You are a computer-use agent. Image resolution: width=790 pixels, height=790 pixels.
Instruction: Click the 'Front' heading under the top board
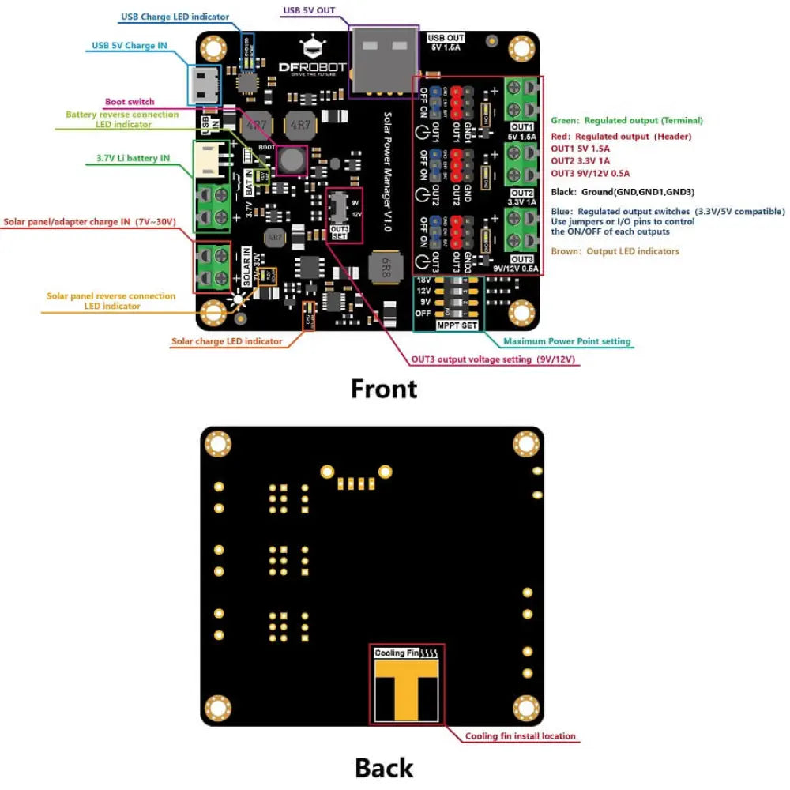click(x=384, y=389)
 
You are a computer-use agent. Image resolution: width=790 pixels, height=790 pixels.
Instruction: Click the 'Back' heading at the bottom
click(x=384, y=767)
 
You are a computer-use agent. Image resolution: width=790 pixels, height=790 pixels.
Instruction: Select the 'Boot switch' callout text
click(x=130, y=102)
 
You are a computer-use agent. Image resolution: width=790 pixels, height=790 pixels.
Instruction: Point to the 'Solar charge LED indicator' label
click(x=227, y=341)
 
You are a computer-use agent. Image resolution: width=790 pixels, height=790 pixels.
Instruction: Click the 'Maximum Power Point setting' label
click(x=567, y=341)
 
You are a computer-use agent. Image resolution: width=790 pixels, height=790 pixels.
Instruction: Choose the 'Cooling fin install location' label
click(x=521, y=736)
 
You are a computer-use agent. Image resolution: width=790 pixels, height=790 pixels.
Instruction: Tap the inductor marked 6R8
click(x=388, y=261)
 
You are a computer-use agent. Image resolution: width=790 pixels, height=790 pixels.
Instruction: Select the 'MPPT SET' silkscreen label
click(x=457, y=325)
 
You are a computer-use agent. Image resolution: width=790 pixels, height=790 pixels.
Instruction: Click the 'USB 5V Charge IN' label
click(x=129, y=45)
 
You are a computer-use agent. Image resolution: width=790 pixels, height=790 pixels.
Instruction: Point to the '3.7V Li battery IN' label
click(x=133, y=158)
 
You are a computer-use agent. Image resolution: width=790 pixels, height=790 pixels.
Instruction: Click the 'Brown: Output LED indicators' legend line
click(x=615, y=251)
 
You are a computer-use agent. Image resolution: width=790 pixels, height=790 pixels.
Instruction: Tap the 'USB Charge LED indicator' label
click(x=175, y=17)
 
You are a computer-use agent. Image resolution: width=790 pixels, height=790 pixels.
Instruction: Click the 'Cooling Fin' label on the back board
click(x=397, y=653)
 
